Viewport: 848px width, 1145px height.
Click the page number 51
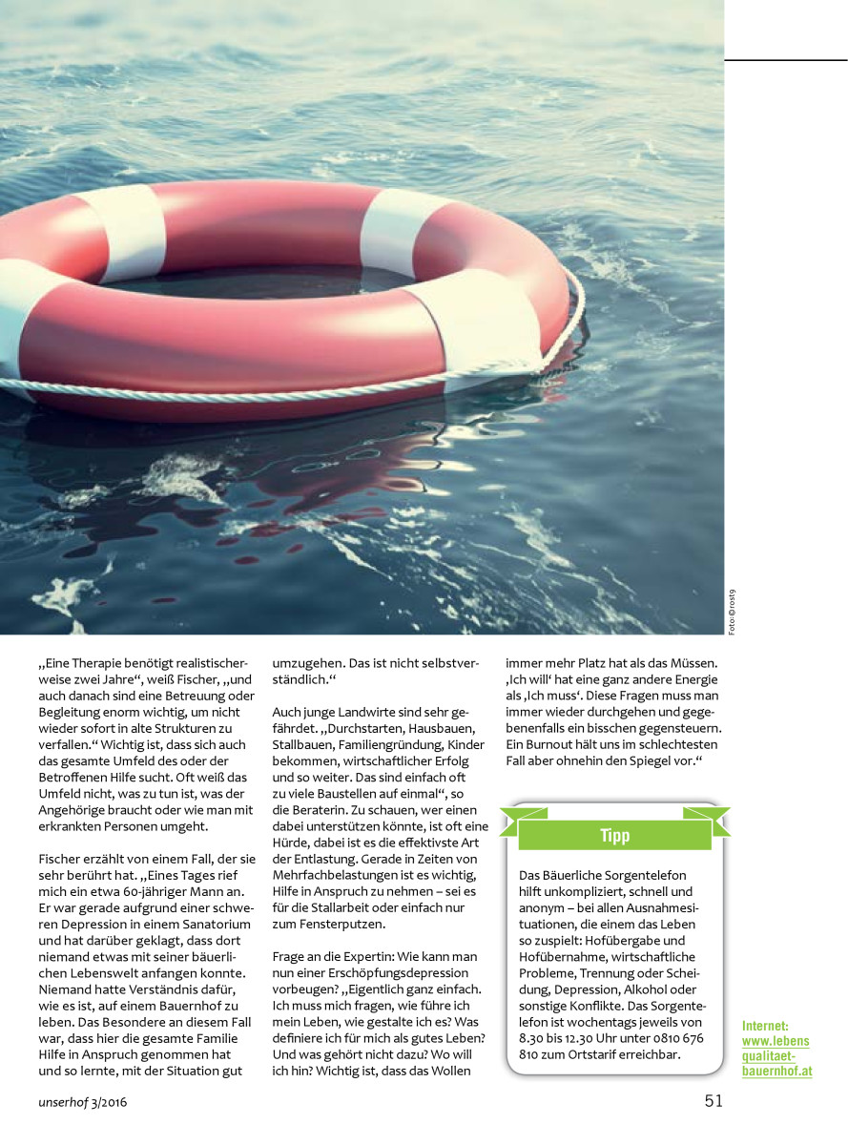pos(714,1100)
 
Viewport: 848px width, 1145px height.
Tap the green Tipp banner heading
pos(615,836)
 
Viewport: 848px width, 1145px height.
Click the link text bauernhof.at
pos(777,1072)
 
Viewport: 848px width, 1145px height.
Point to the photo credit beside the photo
pos(732,611)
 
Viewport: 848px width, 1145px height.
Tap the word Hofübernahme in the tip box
pos(561,956)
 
